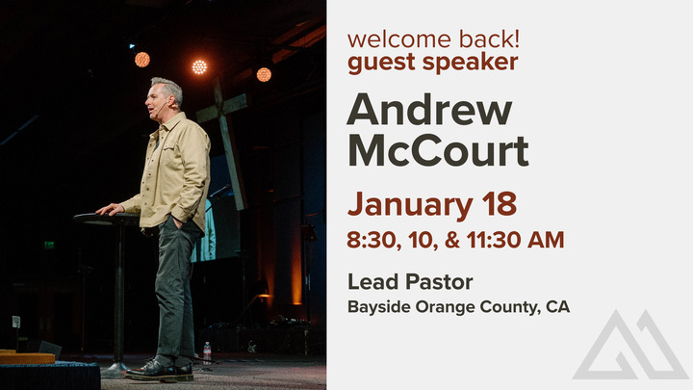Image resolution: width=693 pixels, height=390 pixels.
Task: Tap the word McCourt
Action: (437, 151)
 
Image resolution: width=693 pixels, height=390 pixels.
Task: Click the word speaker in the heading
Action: (475, 64)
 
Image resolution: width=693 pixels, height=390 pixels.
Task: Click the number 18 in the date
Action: (498, 204)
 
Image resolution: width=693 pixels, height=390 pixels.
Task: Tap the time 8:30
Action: (371, 239)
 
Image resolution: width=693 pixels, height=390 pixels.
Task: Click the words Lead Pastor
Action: (410, 283)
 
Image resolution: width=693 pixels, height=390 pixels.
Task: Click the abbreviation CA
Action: (557, 308)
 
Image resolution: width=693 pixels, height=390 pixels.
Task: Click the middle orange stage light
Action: (199, 66)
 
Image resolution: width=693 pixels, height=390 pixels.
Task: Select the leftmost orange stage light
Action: (142, 59)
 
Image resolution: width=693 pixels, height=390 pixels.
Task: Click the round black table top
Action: (107, 218)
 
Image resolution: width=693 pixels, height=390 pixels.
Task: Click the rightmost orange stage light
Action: (263, 74)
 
